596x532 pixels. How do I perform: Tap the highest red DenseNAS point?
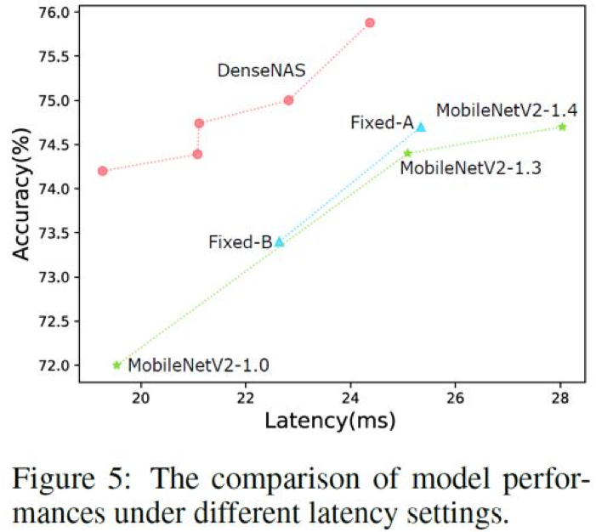click(370, 22)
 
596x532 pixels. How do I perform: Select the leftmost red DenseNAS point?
click(103, 171)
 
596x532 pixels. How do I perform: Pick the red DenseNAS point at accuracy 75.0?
click(288, 100)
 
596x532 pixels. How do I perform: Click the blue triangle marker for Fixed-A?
click(420, 127)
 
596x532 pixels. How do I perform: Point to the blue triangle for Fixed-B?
click(279, 241)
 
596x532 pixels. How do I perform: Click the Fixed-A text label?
click(382, 123)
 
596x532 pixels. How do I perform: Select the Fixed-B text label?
click(240, 242)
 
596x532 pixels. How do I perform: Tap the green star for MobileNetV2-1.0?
click(116, 365)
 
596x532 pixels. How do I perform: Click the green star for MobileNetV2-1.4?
click(562, 127)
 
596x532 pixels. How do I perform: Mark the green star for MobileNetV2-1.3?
click(407, 153)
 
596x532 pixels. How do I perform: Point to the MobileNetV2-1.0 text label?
click(199, 366)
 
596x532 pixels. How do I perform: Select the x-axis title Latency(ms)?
click(323, 420)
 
